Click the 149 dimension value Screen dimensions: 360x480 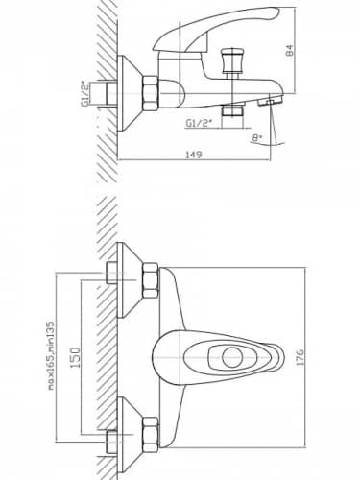pyautogui.click(x=194, y=155)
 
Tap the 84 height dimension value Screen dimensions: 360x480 pyautogui.click(x=289, y=51)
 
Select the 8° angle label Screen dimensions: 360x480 pyautogui.click(x=256, y=138)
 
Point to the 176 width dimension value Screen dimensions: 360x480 pyautogui.click(x=300, y=358)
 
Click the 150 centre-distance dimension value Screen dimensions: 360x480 pyautogui.click(x=76, y=357)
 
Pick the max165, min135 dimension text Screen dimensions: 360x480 pyautogui.click(x=51, y=355)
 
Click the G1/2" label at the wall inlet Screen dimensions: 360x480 pyautogui.click(x=85, y=94)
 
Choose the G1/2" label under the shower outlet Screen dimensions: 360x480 pyautogui.click(x=199, y=123)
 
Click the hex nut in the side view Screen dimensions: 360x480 pyautogui.click(x=151, y=94)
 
